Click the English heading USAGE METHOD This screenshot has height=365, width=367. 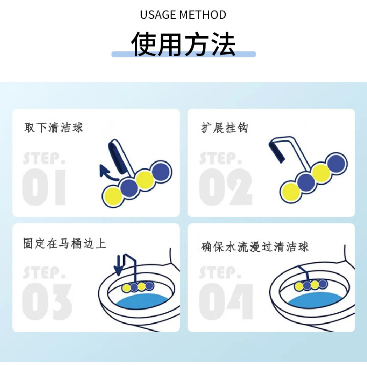[x=183, y=15]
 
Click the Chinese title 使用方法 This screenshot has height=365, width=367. [x=183, y=44]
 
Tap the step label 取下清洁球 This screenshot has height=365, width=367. [x=54, y=127]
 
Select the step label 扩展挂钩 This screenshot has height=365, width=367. [x=225, y=127]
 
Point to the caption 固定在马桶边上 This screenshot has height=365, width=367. [x=65, y=243]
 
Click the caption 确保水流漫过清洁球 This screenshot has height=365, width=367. [x=255, y=246]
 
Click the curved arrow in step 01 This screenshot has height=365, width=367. [x=108, y=173]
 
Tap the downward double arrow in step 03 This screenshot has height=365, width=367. [x=118, y=265]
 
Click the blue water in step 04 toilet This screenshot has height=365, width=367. [x=315, y=300]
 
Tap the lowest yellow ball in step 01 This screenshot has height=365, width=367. [x=111, y=195]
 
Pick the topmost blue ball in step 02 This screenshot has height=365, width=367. [x=336, y=163]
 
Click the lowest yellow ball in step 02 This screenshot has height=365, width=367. [x=291, y=191]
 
